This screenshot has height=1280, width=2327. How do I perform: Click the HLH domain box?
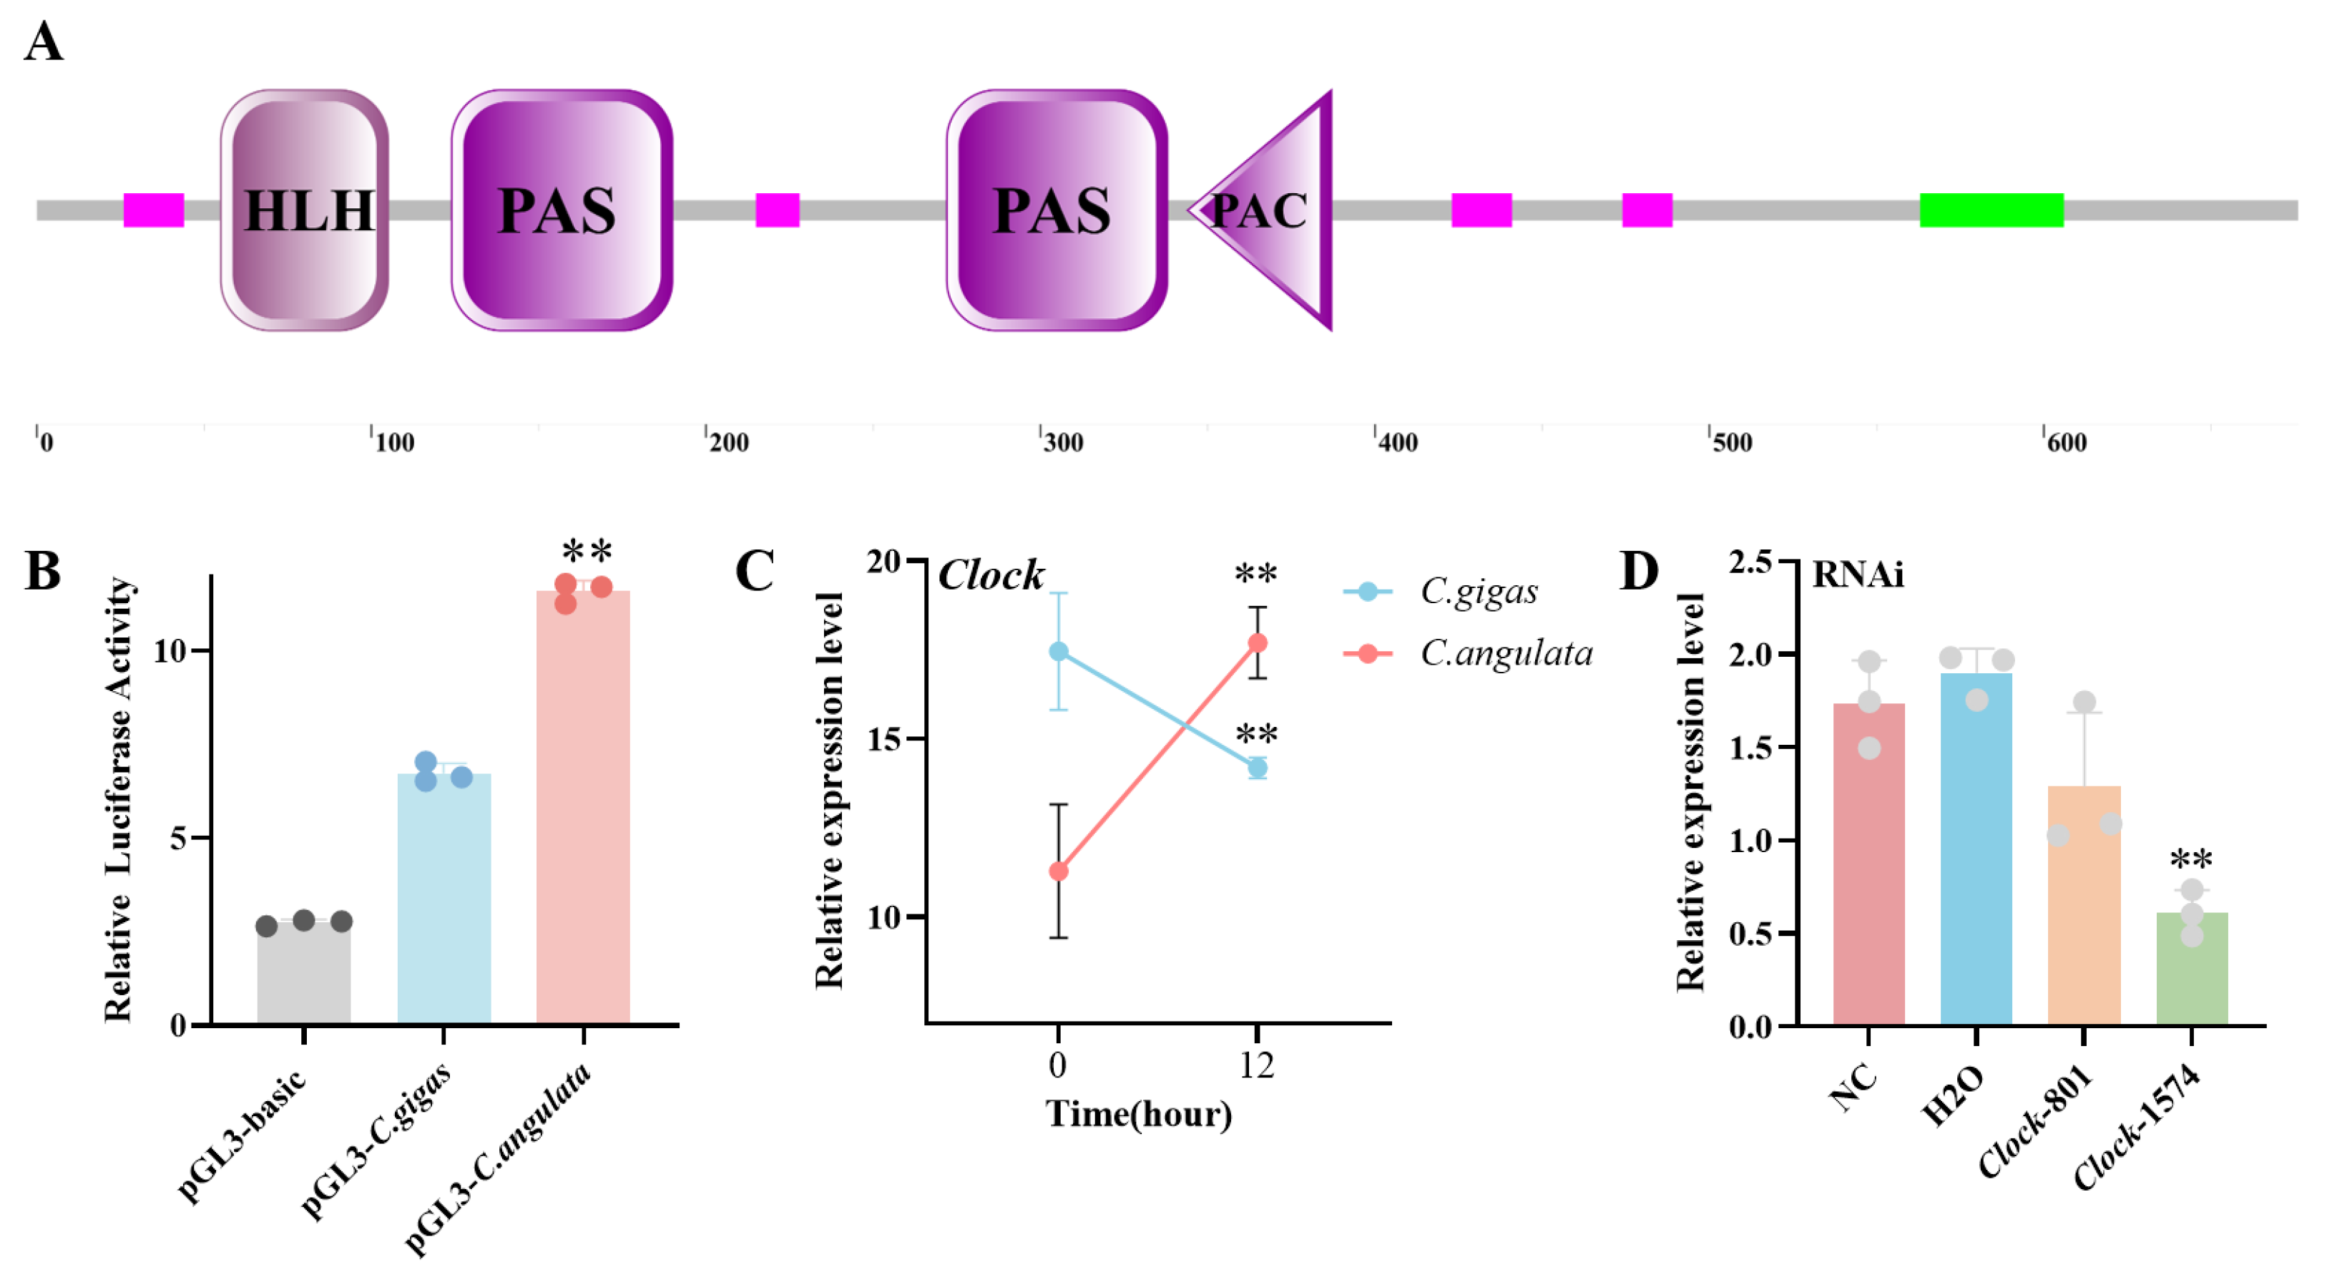pos(305,210)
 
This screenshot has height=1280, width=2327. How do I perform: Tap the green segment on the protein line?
pos(1991,210)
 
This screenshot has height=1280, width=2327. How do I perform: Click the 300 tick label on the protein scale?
pos(1062,443)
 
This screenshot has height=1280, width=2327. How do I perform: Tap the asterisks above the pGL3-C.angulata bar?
pos(587,550)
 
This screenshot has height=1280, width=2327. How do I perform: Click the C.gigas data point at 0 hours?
pos(1058,651)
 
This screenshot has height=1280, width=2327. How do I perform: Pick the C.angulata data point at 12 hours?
pos(1257,643)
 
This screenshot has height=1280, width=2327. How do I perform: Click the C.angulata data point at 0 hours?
pos(1058,871)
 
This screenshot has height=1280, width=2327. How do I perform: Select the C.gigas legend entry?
pos(1478,592)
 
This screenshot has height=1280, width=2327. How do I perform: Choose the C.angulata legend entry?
pos(1505,653)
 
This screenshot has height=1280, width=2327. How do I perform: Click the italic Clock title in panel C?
pos(991,575)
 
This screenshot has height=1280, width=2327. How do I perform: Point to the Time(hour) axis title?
pos(1138,1114)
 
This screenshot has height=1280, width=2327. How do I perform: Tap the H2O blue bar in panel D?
pos(1976,849)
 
